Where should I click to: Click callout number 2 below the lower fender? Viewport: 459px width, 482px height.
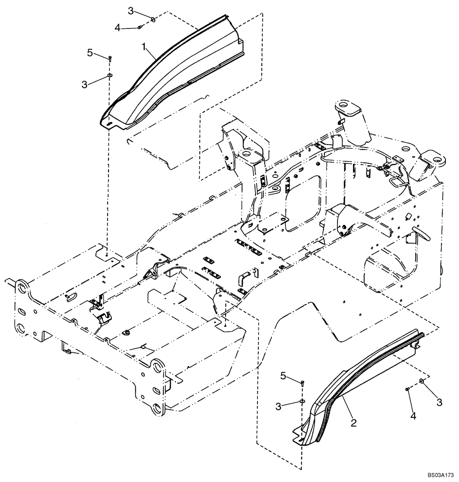(x=353, y=423)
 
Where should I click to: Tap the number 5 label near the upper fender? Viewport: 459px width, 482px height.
(x=90, y=53)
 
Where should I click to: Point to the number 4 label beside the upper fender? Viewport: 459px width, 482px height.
(x=118, y=28)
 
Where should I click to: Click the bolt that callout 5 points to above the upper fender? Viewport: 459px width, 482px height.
(x=110, y=58)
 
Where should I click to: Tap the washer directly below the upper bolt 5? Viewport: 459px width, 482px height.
(x=110, y=76)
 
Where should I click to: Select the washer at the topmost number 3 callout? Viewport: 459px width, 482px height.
(x=152, y=19)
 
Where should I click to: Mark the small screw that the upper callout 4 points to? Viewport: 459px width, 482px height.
(x=139, y=27)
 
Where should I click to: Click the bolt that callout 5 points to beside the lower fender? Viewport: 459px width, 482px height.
(x=302, y=383)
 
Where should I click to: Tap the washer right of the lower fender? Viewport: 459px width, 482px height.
(x=422, y=381)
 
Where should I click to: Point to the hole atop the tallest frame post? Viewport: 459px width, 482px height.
(x=344, y=105)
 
